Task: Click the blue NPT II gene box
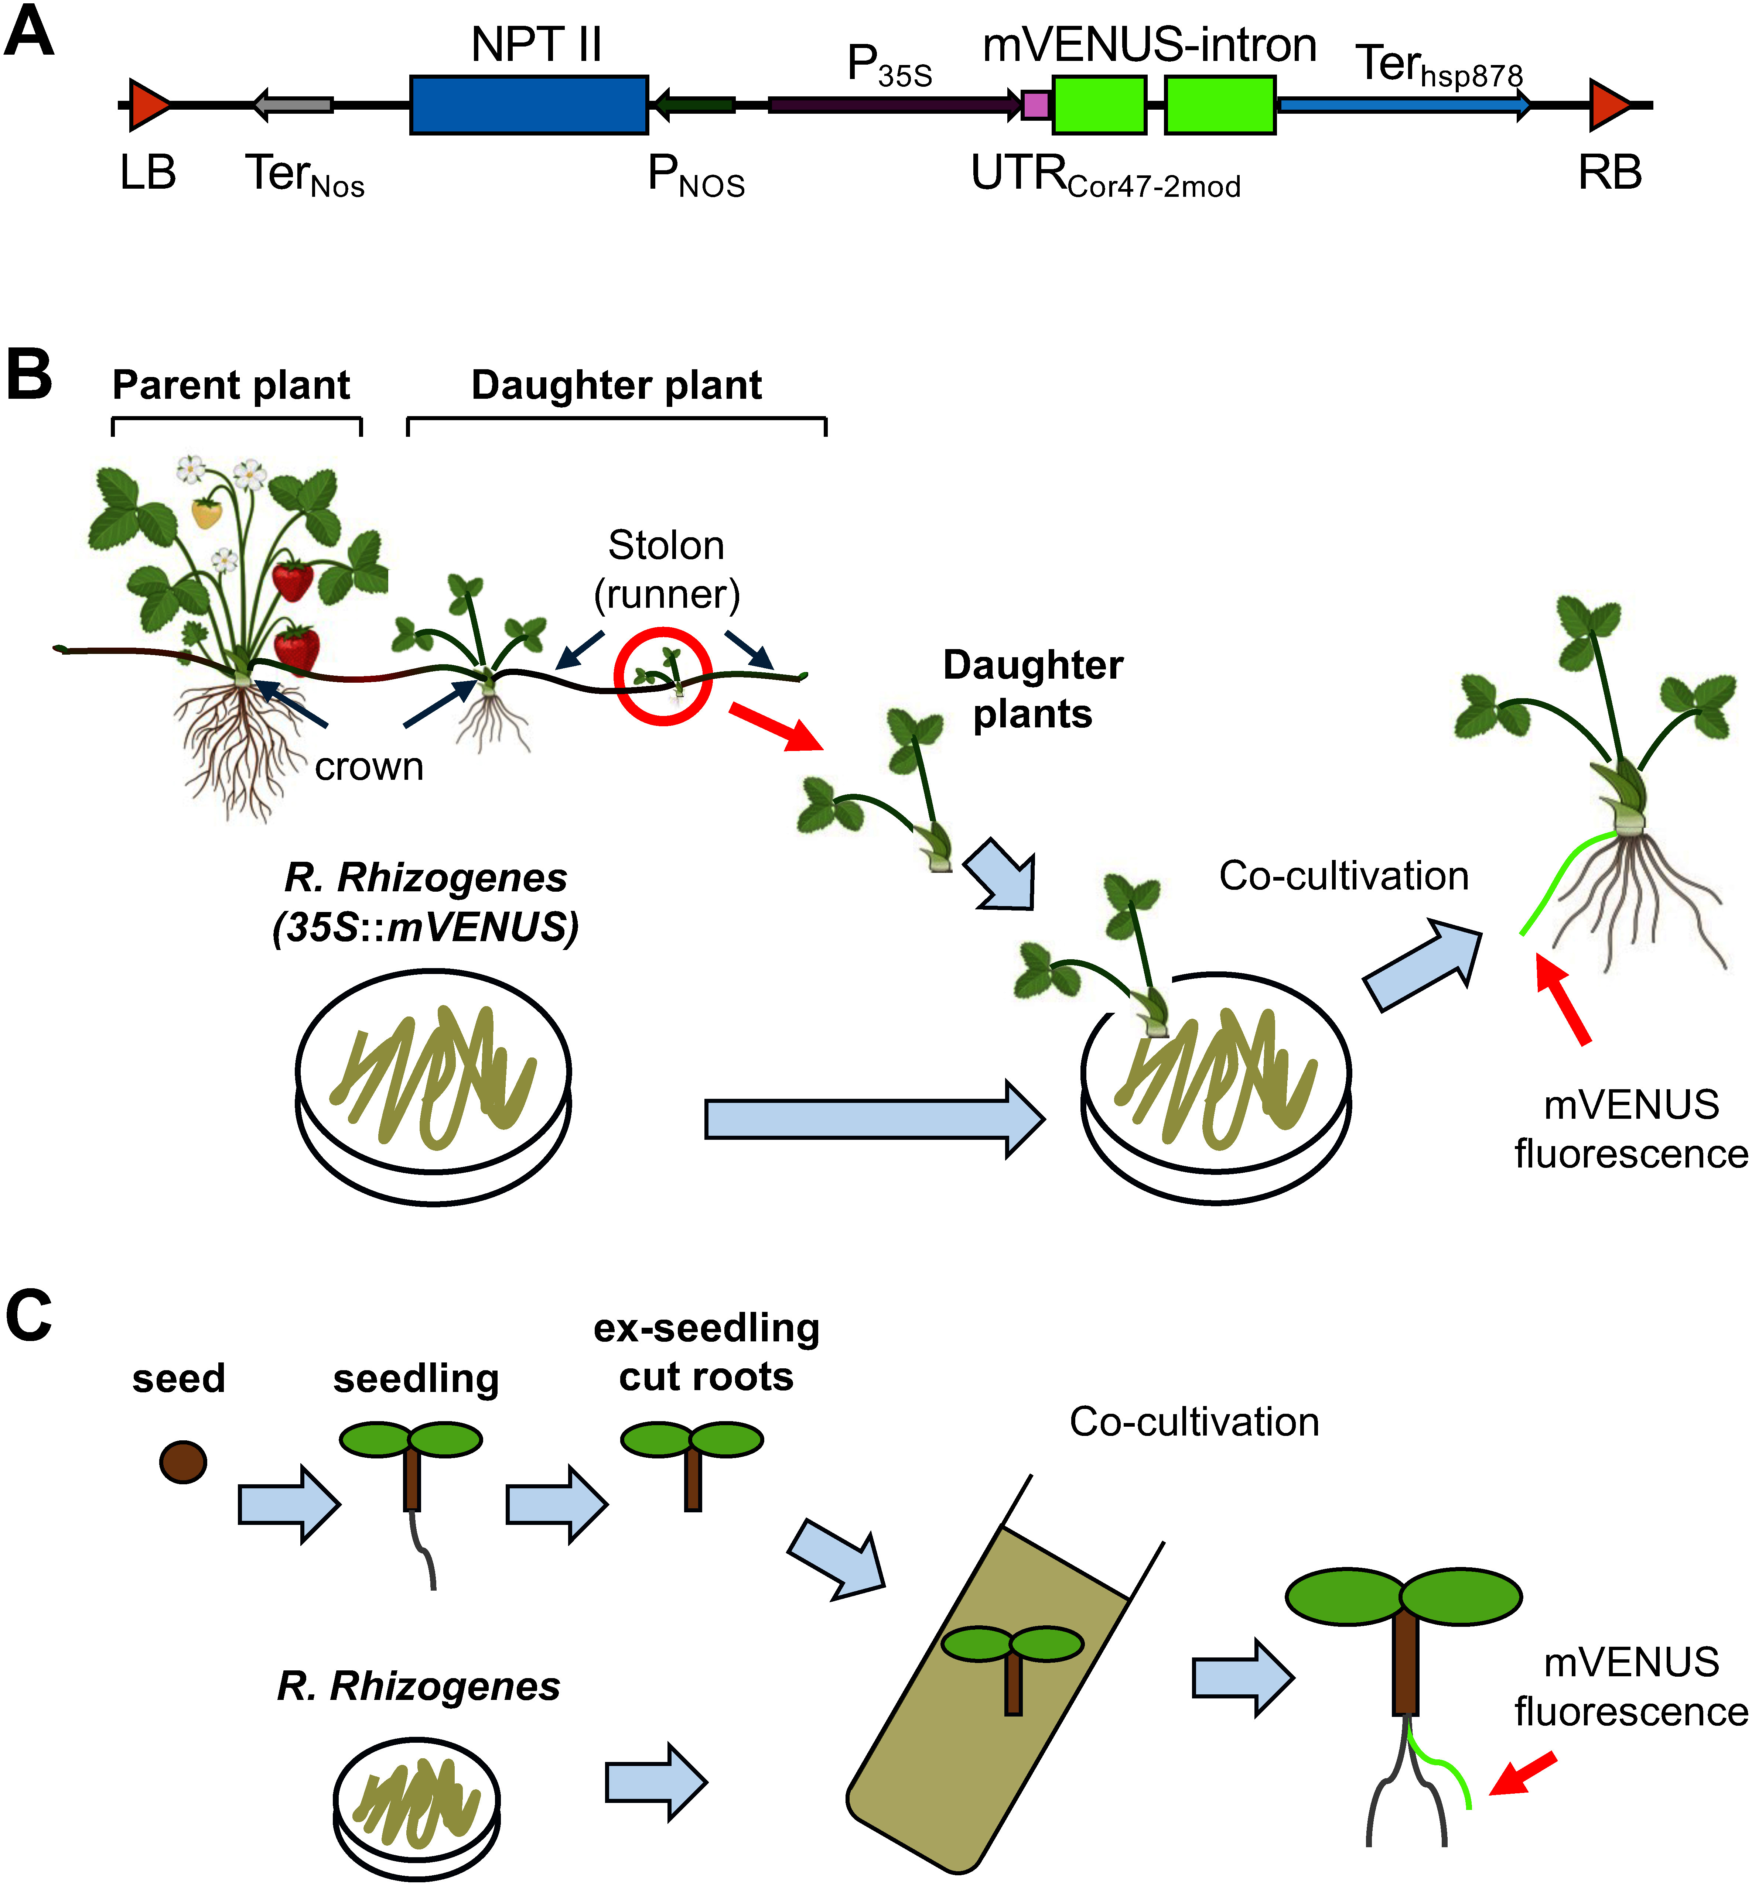point(529,104)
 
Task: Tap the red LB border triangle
point(149,104)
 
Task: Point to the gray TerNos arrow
point(293,104)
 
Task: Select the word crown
point(369,767)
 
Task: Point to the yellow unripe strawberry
point(207,513)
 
